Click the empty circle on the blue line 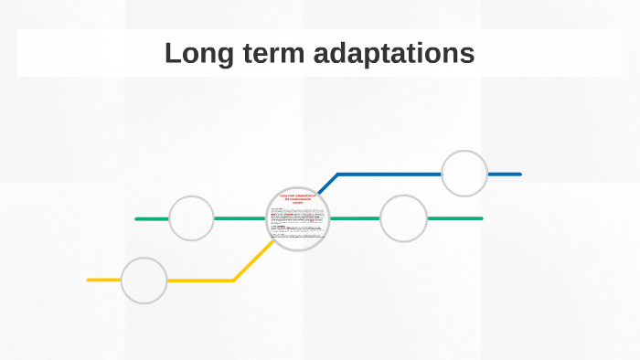point(464,174)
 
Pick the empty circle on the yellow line point(144,280)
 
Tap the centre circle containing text point(297,219)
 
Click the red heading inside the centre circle point(297,200)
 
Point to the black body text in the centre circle point(297,224)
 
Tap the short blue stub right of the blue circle point(505,174)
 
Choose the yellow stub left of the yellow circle point(103,280)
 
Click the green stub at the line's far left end point(151,219)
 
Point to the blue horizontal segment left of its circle point(389,174)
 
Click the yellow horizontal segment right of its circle point(201,280)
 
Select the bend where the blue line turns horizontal point(337,174)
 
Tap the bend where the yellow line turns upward point(234,280)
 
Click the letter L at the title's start point(172,53)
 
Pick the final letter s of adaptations point(468,54)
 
